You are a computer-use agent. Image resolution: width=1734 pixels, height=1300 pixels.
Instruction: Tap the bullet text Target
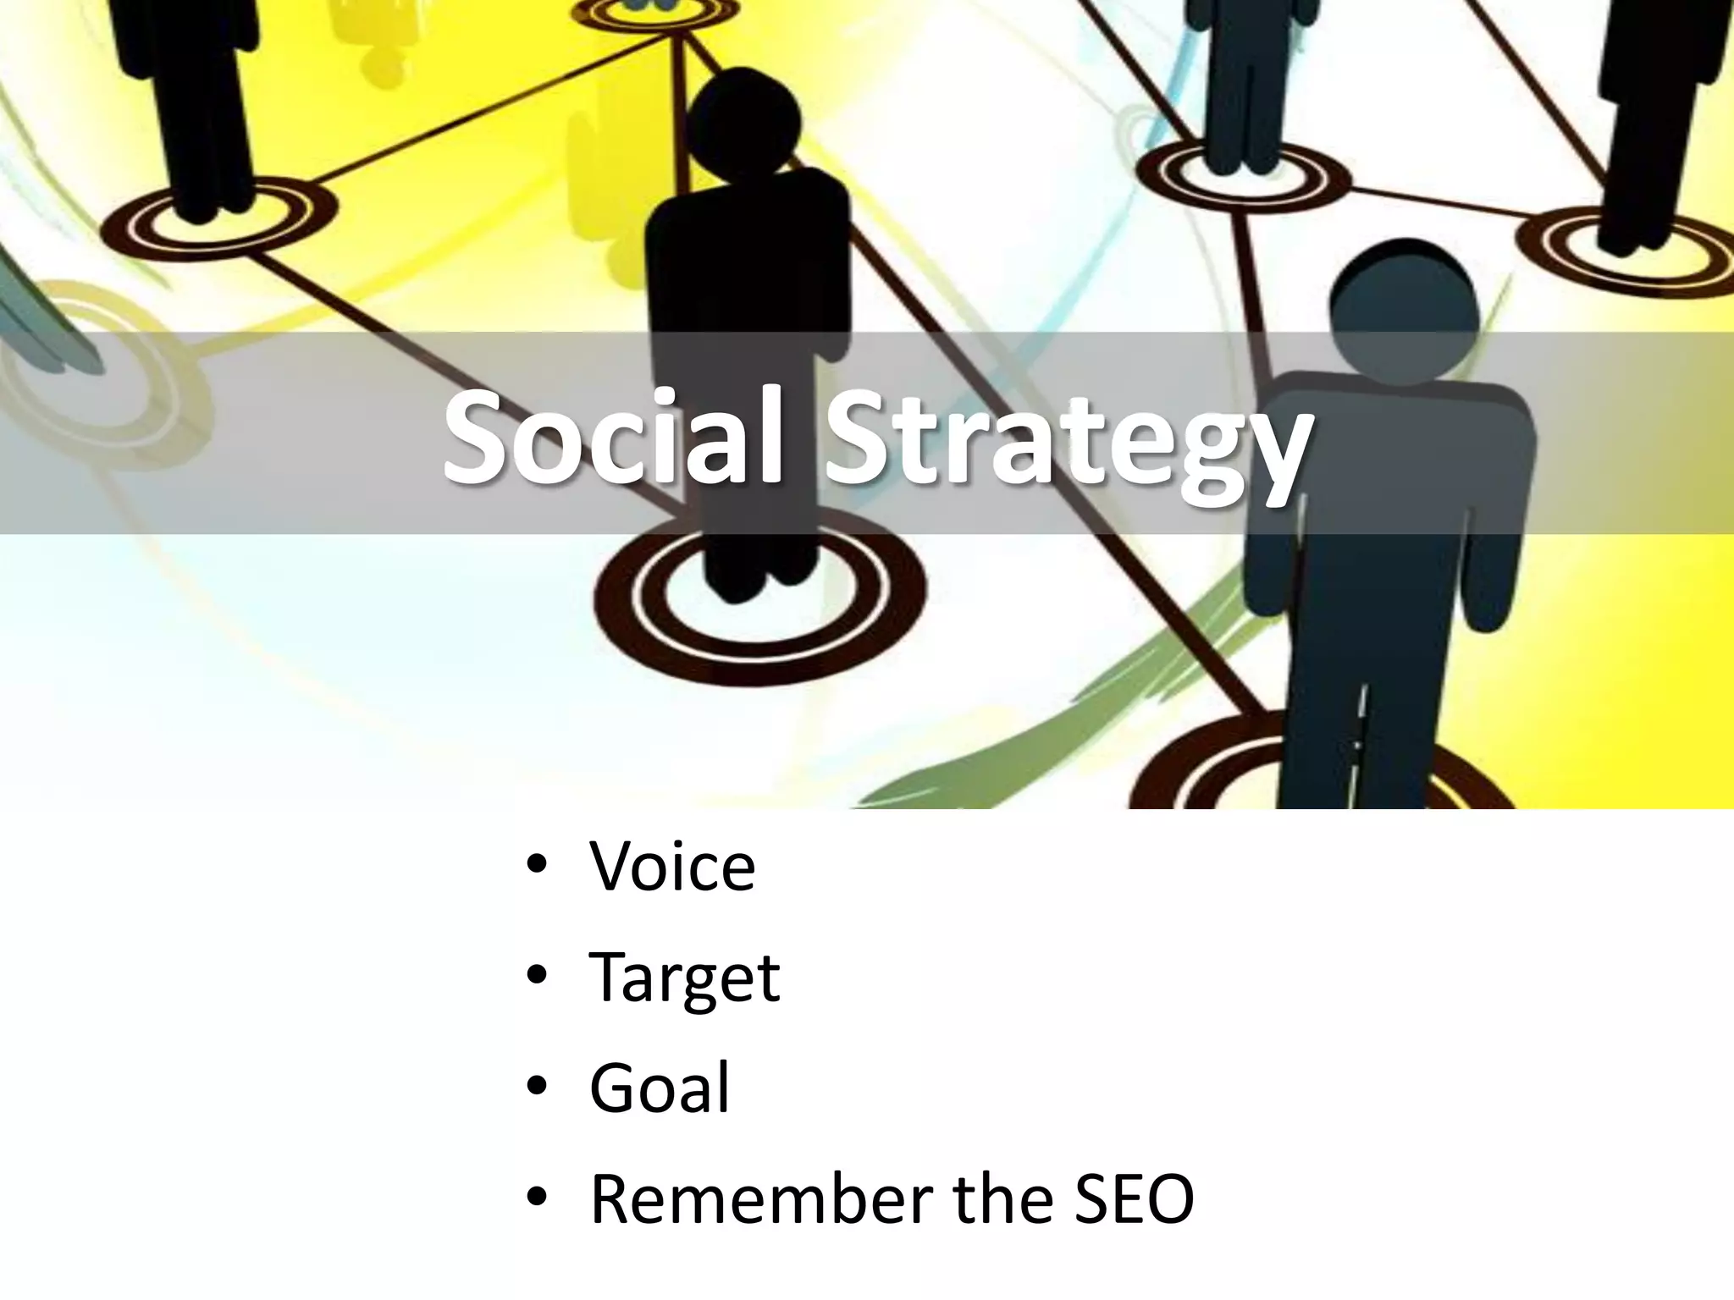(x=684, y=978)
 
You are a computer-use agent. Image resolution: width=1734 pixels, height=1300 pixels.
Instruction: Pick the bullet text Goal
(x=659, y=1088)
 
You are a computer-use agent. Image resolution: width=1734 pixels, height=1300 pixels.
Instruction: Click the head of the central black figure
(x=745, y=118)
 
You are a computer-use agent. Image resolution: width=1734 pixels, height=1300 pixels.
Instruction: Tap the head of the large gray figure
(x=1401, y=305)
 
